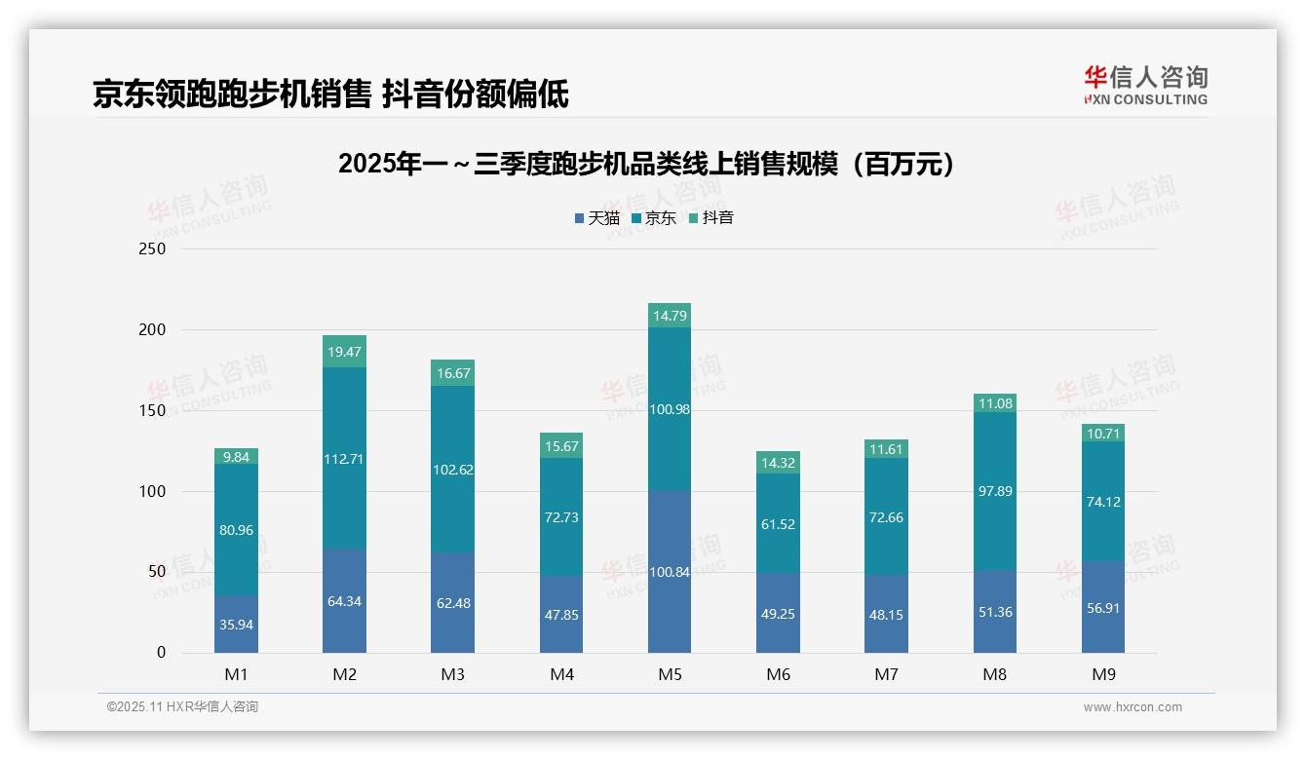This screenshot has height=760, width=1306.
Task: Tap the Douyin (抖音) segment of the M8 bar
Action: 994,402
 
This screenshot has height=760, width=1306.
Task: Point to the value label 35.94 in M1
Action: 236,625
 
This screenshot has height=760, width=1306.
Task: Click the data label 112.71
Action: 344,459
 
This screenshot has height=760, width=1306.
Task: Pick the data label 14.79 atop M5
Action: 669,316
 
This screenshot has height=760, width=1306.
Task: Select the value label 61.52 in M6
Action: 778,524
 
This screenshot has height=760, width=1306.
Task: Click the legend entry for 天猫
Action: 596,218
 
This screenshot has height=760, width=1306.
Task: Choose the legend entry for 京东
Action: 654,218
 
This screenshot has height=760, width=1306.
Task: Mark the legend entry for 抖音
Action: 711,218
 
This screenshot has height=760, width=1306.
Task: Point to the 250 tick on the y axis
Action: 153,249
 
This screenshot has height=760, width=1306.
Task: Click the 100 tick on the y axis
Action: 153,492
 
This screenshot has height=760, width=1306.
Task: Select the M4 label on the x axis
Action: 561,674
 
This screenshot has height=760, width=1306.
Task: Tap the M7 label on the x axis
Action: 886,674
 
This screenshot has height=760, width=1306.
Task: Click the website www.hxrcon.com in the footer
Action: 1133,707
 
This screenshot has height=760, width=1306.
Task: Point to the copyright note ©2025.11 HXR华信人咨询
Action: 182,707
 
